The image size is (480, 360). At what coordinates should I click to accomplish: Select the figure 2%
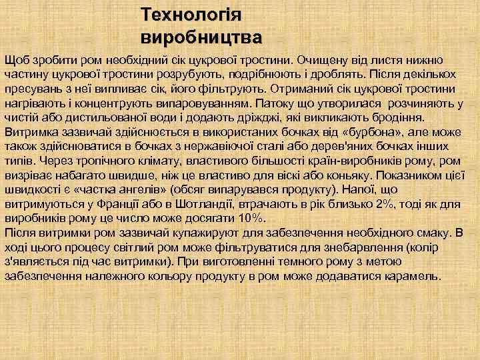(x=385, y=204)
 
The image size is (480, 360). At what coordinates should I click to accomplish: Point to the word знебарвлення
(x=358, y=247)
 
